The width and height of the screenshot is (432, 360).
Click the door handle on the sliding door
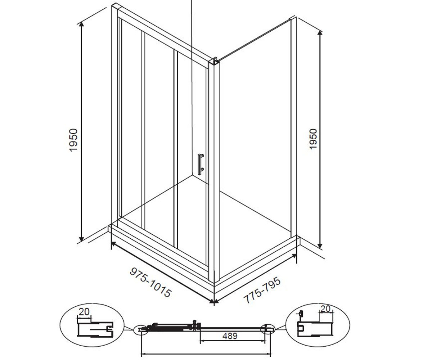click(201, 164)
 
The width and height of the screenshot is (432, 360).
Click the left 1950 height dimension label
click(73, 140)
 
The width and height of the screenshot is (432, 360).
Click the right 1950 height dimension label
click(313, 139)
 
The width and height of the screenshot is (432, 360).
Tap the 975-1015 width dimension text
click(150, 282)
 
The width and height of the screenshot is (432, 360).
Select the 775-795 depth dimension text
click(262, 290)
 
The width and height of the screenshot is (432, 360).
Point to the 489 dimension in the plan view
click(230, 336)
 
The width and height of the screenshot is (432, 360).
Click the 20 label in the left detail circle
click(84, 312)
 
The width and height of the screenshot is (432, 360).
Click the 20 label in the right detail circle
click(325, 309)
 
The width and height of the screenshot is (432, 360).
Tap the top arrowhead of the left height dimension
click(82, 24)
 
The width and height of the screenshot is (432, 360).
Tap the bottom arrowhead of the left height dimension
click(82, 239)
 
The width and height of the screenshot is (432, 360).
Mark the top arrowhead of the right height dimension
click(320, 33)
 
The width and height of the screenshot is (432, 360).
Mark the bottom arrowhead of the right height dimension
click(320, 246)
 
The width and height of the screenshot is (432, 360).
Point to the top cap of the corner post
click(213, 61)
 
